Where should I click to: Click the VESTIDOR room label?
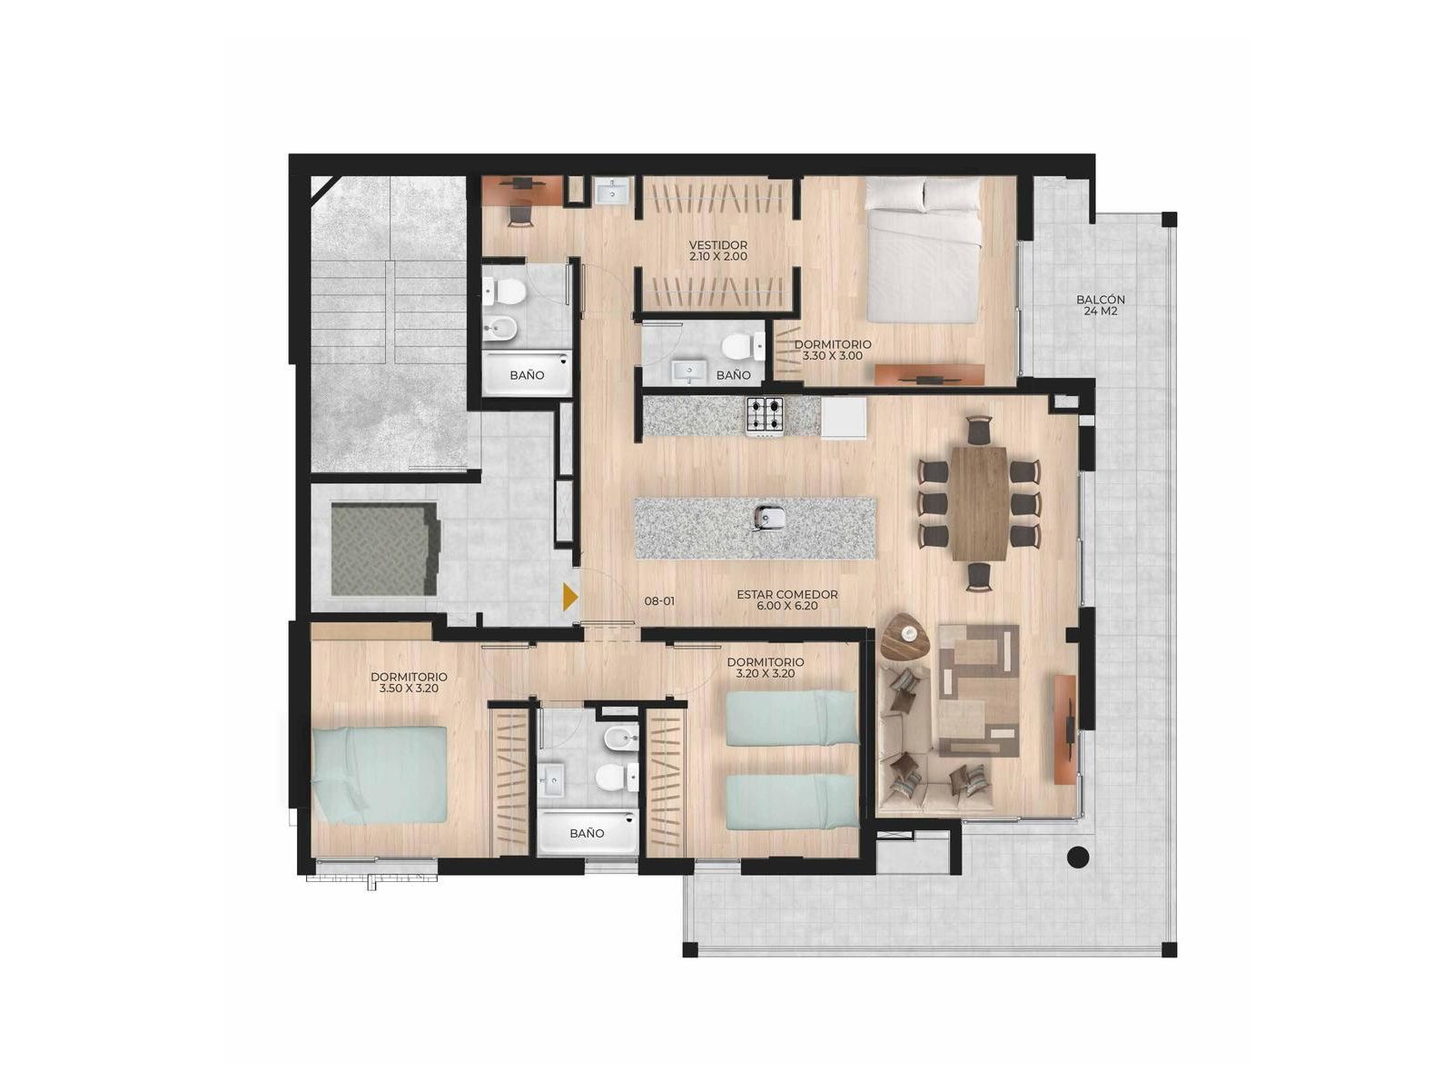click(x=717, y=250)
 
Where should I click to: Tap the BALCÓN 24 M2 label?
click(x=1100, y=304)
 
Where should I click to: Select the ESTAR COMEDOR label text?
click(x=787, y=599)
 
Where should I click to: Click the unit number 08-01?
click(x=659, y=601)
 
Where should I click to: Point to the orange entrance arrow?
click(x=569, y=597)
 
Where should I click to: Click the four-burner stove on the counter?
click(x=765, y=416)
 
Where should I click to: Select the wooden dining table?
click(x=979, y=503)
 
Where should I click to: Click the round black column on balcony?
click(x=1078, y=857)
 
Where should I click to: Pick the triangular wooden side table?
click(x=904, y=636)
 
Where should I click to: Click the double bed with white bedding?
click(x=923, y=250)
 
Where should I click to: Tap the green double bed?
click(x=380, y=774)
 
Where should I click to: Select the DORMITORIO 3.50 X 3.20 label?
click(x=409, y=682)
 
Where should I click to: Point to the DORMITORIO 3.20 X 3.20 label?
click(x=766, y=667)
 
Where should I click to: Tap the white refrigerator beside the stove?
click(x=844, y=417)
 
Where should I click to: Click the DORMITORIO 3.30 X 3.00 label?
click(x=833, y=350)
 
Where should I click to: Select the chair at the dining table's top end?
click(x=979, y=429)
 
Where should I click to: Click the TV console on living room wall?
click(x=1065, y=728)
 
